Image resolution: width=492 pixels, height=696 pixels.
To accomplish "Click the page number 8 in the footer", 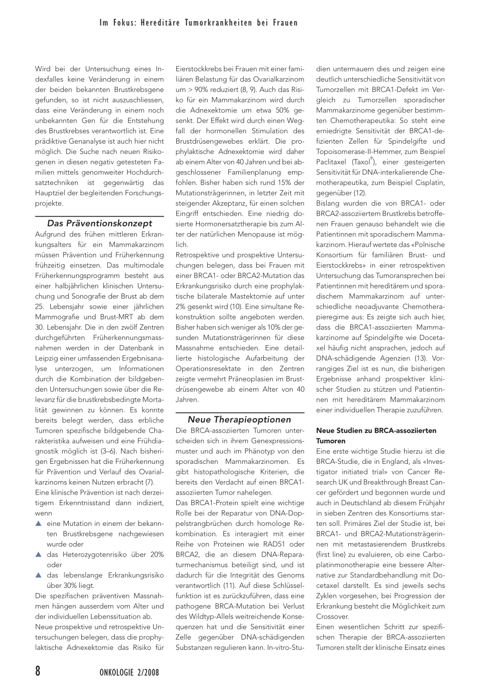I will tap(38, 671).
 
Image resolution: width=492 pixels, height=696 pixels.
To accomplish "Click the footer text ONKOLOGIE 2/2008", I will tap(125, 672).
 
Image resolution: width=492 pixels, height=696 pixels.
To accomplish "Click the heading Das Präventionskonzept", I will tap(99, 223).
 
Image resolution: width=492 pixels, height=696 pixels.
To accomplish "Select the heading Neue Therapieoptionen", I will tap(239, 419).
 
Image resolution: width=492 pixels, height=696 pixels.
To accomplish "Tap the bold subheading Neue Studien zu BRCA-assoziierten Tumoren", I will tap(376, 435).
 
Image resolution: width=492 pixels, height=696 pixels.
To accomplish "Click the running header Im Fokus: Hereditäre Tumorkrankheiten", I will tap(198, 23).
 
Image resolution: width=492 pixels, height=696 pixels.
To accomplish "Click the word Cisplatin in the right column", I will tap(430, 183).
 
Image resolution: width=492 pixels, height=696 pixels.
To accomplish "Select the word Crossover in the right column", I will tap(332, 616).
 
